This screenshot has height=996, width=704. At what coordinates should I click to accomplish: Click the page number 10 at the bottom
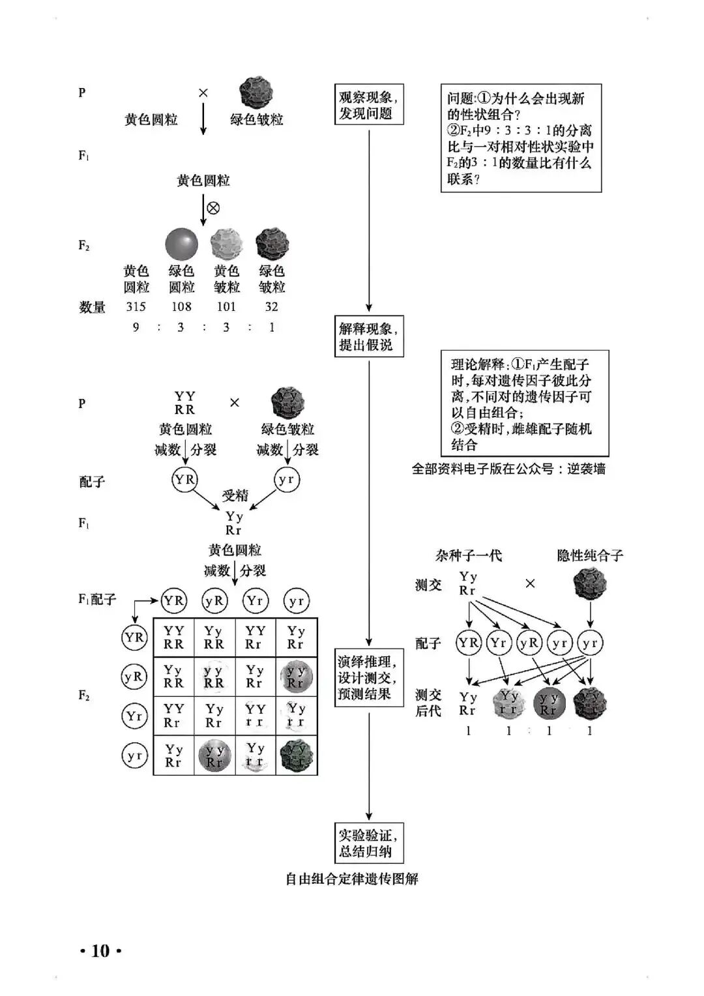point(100,951)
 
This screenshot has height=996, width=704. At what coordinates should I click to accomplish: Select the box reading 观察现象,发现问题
point(368,105)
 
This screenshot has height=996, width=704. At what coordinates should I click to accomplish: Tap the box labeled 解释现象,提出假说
point(368,336)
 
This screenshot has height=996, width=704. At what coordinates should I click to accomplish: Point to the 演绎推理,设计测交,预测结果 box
point(368,678)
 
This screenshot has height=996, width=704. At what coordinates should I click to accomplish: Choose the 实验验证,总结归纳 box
point(368,843)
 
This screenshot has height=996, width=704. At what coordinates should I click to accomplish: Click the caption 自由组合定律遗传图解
point(352,879)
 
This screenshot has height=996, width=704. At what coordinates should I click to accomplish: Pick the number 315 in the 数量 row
point(136,306)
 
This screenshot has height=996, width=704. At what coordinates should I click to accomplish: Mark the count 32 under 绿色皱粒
point(271,306)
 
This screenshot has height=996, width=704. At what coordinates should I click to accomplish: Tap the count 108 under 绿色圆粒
point(181,306)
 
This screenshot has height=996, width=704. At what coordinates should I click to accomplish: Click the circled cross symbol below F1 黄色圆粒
point(213,208)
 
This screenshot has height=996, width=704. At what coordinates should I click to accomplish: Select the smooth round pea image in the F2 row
point(181,244)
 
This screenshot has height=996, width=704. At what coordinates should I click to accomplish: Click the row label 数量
point(92,307)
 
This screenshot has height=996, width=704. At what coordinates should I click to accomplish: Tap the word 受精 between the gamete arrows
point(235,495)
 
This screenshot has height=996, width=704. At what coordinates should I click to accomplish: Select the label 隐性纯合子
point(590,555)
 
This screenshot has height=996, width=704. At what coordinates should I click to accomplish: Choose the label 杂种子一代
point(468,555)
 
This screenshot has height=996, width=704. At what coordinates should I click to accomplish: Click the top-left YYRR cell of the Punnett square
point(173,637)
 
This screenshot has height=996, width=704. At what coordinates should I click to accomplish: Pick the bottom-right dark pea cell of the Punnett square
point(297,755)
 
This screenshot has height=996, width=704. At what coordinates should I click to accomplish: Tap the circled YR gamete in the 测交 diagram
point(468,643)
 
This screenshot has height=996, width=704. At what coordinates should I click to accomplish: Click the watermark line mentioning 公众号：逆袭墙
point(508,469)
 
